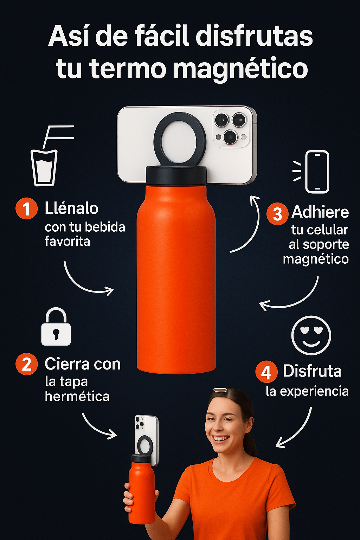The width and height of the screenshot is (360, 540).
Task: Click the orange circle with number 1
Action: coord(26,208)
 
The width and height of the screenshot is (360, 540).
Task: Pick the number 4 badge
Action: coord(266,372)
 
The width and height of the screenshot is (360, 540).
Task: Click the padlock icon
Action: coord(56,326)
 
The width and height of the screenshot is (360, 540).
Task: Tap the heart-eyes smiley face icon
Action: coord(311,335)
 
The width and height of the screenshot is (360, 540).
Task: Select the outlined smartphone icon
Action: coord(317,172)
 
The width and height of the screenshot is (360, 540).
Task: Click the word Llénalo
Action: coord(72,208)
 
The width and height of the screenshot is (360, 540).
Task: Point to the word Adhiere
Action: coord(320,212)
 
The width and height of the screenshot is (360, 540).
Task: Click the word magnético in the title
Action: coord(240,69)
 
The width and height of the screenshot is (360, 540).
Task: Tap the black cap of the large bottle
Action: coord(176,175)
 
